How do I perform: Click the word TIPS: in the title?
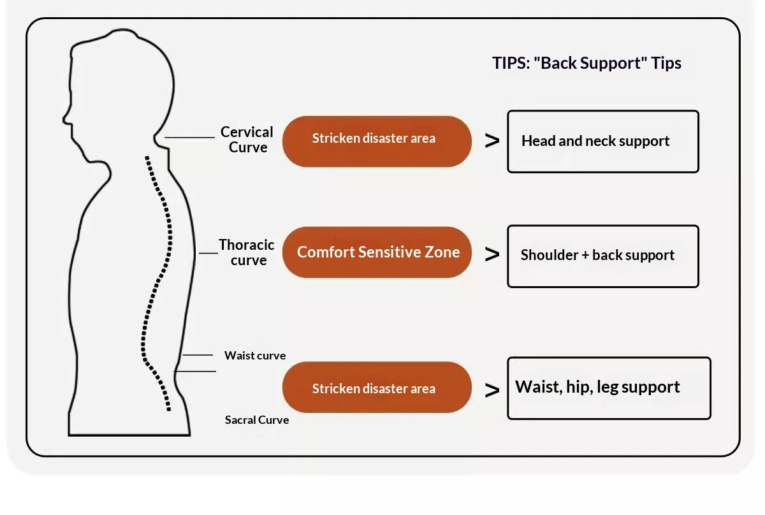coord(511,63)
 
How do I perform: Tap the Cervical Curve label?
coord(247,140)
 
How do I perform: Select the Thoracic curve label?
coord(247,252)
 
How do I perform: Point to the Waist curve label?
coord(255,356)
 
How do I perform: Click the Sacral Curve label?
coord(257,420)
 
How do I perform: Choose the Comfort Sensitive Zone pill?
coord(377,252)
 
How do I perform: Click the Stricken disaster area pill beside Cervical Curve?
coord(377,141)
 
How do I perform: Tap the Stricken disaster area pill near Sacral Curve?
coord(377,388)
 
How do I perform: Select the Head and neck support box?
coord(603,141)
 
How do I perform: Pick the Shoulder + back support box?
coord(603,256)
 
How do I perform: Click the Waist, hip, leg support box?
coord(609,388)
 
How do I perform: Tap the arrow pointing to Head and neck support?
coord(492,141)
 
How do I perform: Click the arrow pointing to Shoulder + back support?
coord(492,254)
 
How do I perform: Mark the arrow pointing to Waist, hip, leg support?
coord(492,390)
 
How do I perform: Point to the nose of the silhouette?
coord(65,119)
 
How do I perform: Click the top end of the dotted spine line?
coord(147,158)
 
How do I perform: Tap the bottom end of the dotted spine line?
coord(169,409)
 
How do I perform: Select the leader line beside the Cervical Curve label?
coord(189,138)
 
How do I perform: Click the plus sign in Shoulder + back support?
coord(585,255)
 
